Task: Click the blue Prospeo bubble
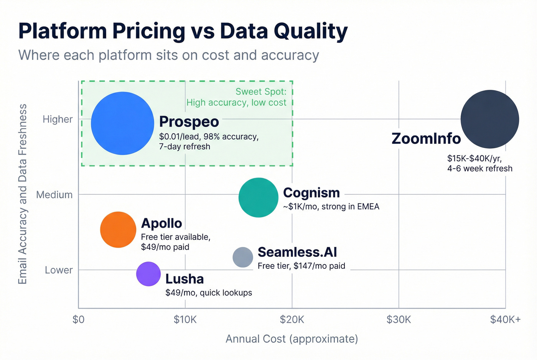122,123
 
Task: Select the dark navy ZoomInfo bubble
489,119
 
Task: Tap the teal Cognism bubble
258,197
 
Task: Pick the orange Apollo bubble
118,230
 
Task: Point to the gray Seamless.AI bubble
243,257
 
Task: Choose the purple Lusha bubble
148,274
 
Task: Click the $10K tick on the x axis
185,319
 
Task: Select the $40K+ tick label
505,319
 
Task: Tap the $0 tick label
78,319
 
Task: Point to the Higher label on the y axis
58,119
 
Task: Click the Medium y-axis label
54,195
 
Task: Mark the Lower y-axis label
59,270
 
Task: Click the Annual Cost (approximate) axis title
292,339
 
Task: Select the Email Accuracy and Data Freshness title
23,194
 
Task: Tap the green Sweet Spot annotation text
236,97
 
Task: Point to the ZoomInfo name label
426,138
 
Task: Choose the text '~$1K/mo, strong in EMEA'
331,207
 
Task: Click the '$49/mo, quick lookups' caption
209,293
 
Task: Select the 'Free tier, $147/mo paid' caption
301,266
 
